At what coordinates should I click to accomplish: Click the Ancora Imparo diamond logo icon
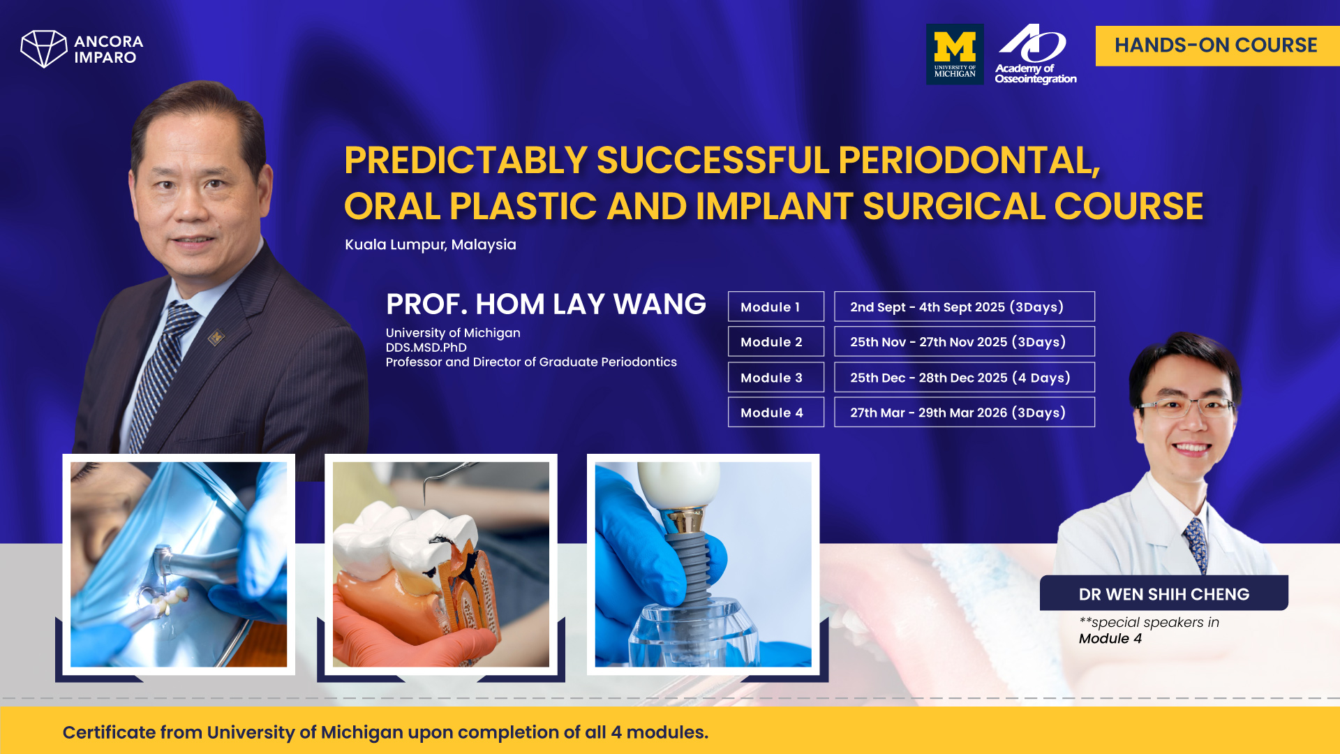tap(43, 48)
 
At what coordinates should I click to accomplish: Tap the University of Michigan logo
tap(954, 54)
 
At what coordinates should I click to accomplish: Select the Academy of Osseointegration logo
tap(1034, 54)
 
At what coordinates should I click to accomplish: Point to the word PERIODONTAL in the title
tap(968, 161)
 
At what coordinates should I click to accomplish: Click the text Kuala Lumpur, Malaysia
tap(430, 244)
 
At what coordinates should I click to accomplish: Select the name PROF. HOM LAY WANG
tap(545, 304)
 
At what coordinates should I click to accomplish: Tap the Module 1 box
tap(775, 306)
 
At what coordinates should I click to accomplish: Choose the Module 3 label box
tap(775, 377)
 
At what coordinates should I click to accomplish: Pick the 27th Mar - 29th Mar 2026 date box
tap(963, 412)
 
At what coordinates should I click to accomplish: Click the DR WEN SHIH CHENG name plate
tap(1163, 593)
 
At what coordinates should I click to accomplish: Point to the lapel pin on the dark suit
tap(216, 338)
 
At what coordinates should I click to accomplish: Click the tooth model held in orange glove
tap(419, 565)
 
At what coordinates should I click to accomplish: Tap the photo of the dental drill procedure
tap(178, 564)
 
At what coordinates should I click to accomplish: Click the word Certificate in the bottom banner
tap(108, 732)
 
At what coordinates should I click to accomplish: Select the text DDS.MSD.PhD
tap(426, 347)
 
